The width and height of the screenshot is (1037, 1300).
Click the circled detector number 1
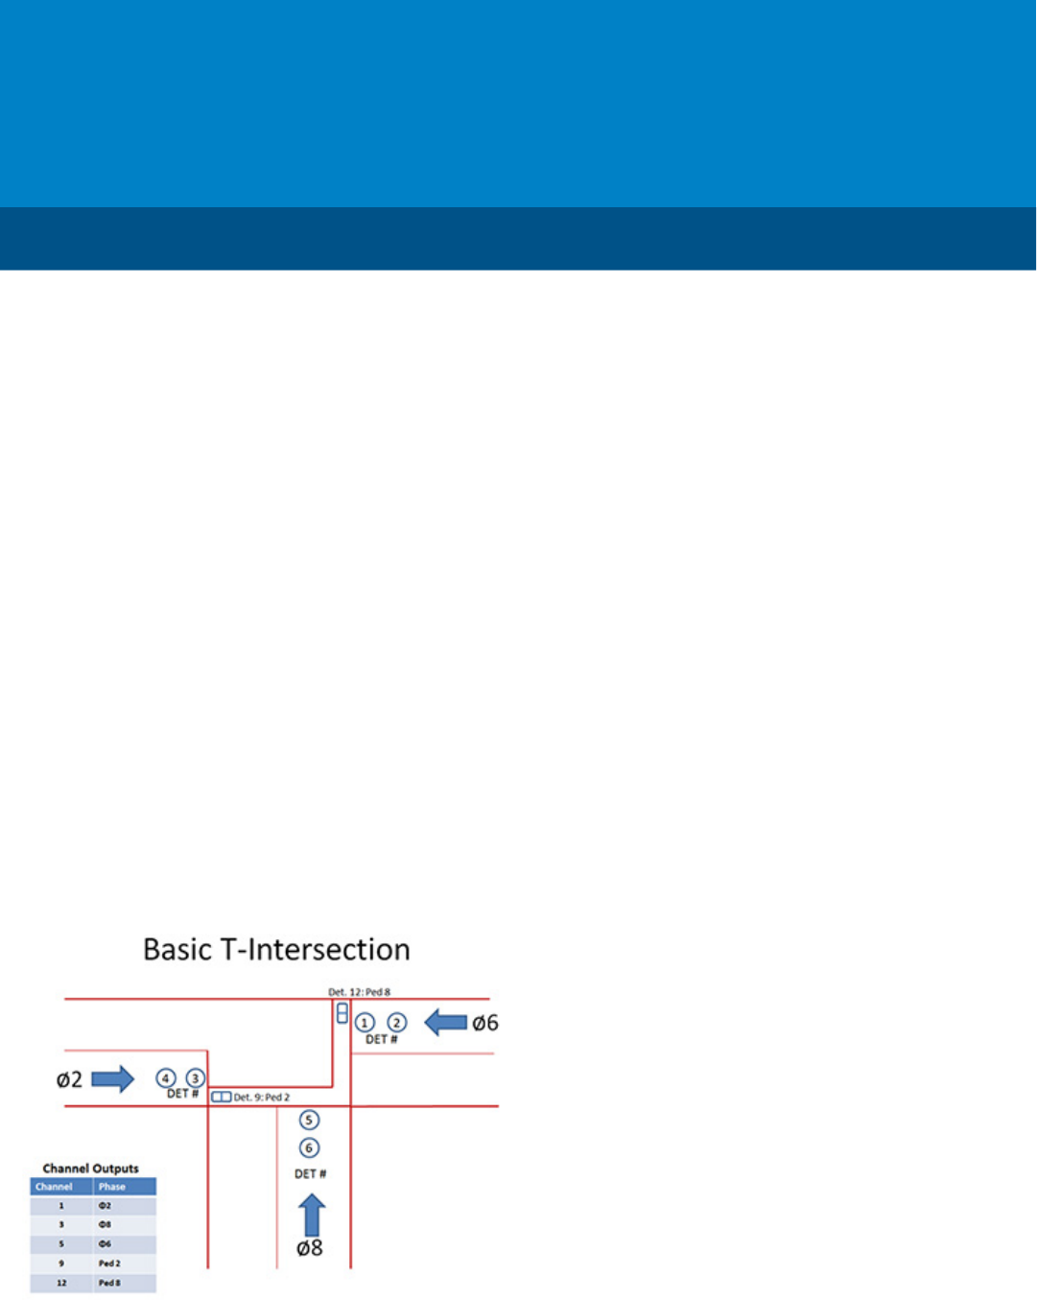click(x=365, y=1023)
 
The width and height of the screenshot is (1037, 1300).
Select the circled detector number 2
click(x=396, y=1023)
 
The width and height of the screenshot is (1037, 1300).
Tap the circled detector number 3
click(x=195, y=1078)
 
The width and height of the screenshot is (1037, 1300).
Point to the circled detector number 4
click(x=166, y=1078)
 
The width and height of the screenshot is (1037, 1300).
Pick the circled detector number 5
click(x=309, y=1120)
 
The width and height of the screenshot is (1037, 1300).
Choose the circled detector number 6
click(x=309, y=1147)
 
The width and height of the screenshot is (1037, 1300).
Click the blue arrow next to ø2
click(x=112, y=1078)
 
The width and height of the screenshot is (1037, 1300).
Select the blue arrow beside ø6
click(x=445, y=1023)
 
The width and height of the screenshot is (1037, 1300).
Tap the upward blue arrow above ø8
click(x=311, y=1215)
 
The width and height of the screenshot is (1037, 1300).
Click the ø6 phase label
click(x=485, y=1024)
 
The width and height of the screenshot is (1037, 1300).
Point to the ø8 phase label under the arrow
click(x=309, y=1248)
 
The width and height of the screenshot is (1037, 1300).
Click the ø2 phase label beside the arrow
click(x=69, y=1080)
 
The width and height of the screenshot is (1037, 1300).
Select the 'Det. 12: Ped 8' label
click(x=360, y=992)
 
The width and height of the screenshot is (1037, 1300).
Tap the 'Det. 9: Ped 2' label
click(x=262, y=1097)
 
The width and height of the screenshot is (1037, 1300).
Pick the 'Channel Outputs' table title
click(x=91, y=1168)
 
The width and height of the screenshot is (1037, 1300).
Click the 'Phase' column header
click(x=112, y=1187)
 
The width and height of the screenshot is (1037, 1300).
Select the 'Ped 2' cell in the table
click(x=109, y=1264)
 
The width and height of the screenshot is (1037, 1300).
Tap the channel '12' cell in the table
click(x=61, y=1283)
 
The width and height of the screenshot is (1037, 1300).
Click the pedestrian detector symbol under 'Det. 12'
click(x=342, y=1012)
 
